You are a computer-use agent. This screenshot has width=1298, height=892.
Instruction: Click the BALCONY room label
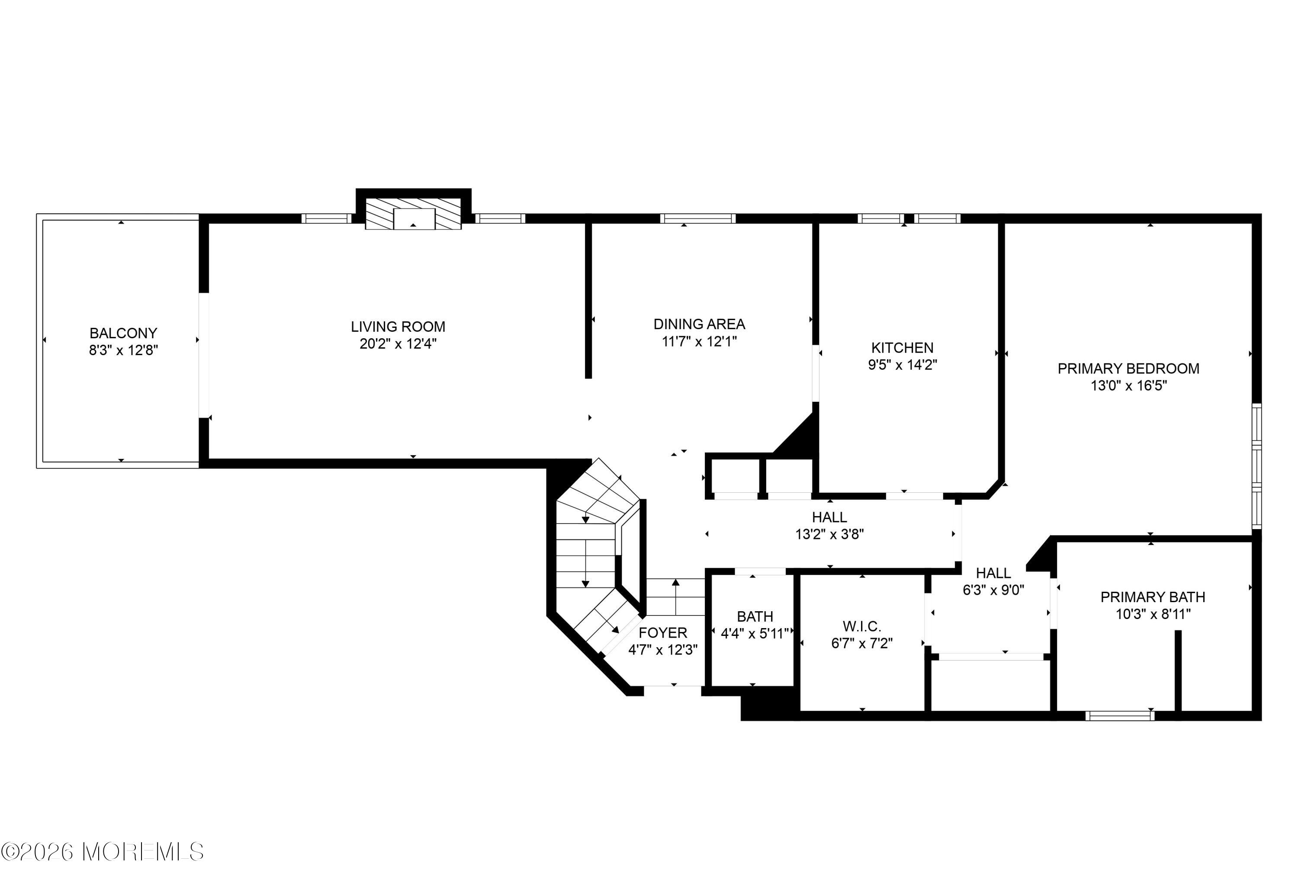click(124, 333)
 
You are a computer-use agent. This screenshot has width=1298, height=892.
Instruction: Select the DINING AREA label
click(699, 324)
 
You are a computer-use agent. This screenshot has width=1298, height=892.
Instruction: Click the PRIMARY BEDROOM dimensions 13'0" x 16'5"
click(1129, 385)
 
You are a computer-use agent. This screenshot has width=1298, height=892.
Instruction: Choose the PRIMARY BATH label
click(1153, 597)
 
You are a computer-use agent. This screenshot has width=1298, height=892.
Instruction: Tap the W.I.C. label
click(862, 626)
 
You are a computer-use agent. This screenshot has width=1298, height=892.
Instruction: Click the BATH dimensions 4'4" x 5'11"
click(755, 633)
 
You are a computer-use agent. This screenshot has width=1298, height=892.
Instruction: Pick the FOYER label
click(663, 633)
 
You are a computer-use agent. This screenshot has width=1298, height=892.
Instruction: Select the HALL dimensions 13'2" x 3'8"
click(829, 534)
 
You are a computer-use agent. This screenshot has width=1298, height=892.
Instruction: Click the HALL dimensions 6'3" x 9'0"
click(993, 590)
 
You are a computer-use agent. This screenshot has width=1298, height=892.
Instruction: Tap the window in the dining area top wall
click(697, 218)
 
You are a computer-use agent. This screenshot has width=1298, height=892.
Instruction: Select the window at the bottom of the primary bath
click(1120, 716)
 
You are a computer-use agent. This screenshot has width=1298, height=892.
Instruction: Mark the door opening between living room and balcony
click(204, 355)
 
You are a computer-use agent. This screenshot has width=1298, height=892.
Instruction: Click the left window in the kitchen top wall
click(881, 218)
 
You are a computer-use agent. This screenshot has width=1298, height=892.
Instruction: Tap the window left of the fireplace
click(327, 218)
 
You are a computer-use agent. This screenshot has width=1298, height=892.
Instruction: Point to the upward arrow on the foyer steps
click(676, 597)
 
